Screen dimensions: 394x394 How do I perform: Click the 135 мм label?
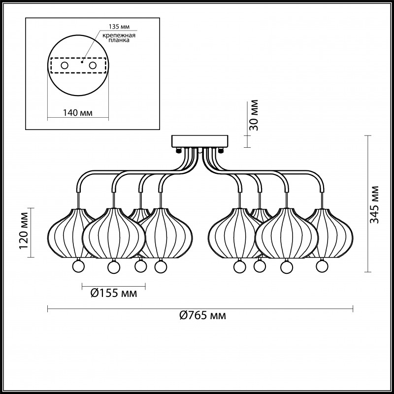point(119,27)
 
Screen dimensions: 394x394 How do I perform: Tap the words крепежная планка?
point(119,38)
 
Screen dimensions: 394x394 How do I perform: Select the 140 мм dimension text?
point(78,113)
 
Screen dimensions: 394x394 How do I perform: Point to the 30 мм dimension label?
point(254,115)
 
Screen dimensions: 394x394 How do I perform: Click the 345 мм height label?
point(374,204)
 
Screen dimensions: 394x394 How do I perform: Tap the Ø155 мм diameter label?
point(114,293)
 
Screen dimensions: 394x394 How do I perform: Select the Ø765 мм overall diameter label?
point(203,315)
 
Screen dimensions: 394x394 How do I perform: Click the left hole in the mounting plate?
point(65,66)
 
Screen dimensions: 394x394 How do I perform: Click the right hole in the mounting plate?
point(93,66)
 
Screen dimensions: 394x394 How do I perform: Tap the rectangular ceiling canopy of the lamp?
point(200,141)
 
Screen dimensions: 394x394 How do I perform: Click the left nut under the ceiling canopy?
point(178,150)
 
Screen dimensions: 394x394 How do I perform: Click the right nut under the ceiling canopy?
point(221,150)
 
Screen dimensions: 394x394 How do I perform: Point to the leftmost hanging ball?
point(78,266)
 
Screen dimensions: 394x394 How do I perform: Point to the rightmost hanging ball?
point(322,266)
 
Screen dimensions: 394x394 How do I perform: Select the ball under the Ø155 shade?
point(114,267)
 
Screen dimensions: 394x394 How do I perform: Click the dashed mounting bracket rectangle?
point(78,66)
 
